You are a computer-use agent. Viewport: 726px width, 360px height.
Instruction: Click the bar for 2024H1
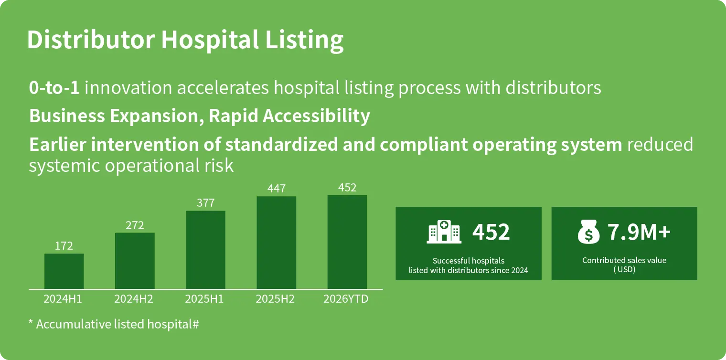coord(64,271)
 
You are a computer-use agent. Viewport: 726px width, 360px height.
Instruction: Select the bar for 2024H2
coord(135,261)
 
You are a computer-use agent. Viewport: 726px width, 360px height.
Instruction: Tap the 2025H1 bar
coord(205,250)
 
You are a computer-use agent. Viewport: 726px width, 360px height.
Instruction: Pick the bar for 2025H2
coord(276,243)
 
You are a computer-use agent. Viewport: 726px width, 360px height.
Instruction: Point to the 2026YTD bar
coord(347,242)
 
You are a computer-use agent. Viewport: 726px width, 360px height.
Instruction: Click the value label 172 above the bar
coord(64,246)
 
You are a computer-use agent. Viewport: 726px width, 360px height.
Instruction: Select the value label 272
coord(135,225)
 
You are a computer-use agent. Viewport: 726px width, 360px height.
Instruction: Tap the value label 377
coord(205,203)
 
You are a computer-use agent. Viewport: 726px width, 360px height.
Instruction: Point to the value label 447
coord(276,189)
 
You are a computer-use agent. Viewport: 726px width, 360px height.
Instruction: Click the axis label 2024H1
coord(63,299)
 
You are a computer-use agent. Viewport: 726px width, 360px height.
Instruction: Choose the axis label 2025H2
coord(275,299)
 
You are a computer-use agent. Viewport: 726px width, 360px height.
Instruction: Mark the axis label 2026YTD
coord(346,299)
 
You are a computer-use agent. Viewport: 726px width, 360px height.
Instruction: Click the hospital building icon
coord(444,232)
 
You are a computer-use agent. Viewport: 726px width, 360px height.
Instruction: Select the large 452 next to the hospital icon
coord(491,232)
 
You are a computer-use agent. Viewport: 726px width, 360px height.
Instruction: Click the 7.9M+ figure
coord(639,232)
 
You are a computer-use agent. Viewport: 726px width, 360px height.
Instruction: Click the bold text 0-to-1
coord(54,88)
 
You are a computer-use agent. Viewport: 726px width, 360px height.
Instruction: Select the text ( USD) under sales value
coord(624,270)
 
